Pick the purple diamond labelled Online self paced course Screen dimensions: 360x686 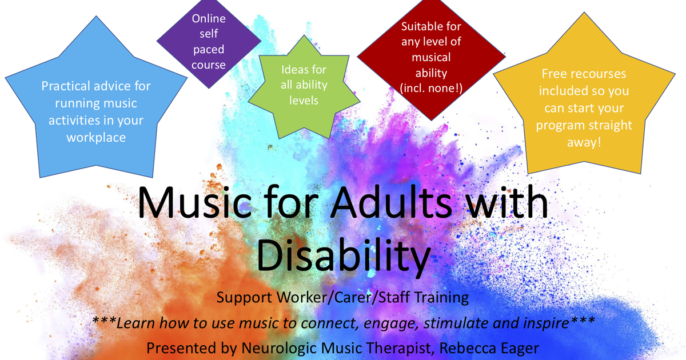pos(209,43)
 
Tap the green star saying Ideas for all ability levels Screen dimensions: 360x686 pos(304,86)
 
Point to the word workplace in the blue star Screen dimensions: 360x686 pos(96,138)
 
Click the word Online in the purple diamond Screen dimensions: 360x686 pos(209,19)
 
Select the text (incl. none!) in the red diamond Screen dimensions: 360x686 pos(431,88)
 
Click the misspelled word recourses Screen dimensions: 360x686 pos(600,74)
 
